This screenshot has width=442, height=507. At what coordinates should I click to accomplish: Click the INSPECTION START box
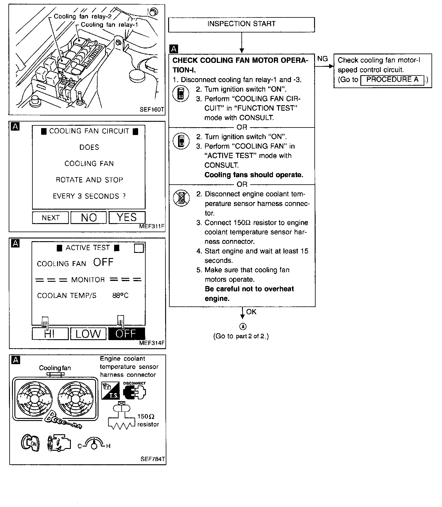pyautogui.click(x=241, y=24)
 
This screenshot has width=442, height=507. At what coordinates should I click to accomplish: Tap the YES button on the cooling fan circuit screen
pyautogui.click(x=127, y=217)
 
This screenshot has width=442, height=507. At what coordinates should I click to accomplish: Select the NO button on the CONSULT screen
pyautogui.click(x=89, y=217)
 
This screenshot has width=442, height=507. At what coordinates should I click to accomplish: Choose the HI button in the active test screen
pyautogui.click(x=50, y=334)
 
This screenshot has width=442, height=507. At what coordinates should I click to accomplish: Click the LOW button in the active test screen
pyautogui.click(x=88, y=334)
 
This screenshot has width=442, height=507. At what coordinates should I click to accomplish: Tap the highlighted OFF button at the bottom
pyautogui.click(x=126, y=334)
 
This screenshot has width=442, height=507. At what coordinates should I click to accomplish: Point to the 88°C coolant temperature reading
pyautogui.click(x=120, y=296)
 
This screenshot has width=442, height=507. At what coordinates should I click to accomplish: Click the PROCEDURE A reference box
pyautogui.click(x=392, y=80)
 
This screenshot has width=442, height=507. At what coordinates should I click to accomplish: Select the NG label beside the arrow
pyautogui.click(x=322, y=59)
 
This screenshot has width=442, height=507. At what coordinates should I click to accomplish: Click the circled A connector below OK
pyautogui.click(x=243, y=327)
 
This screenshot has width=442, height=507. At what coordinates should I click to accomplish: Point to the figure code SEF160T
pyautogui.click(x=152, y=110)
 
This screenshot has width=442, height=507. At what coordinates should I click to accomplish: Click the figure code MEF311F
pyautogui.click(x=152, y=226)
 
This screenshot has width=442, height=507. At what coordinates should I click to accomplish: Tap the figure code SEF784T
pyautogui.click(x=153, y=459)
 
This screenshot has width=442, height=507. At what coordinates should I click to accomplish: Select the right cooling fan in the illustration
pyautogui.click(x=75, y=399)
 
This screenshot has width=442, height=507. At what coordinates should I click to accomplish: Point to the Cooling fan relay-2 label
pyautogui.click(x=83, y=17)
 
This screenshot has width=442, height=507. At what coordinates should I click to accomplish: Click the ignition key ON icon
pyautogui.click(x=30, y=443)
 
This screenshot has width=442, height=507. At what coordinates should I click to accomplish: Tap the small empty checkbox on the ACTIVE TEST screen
pyautogui.click(x=139, y=248)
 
